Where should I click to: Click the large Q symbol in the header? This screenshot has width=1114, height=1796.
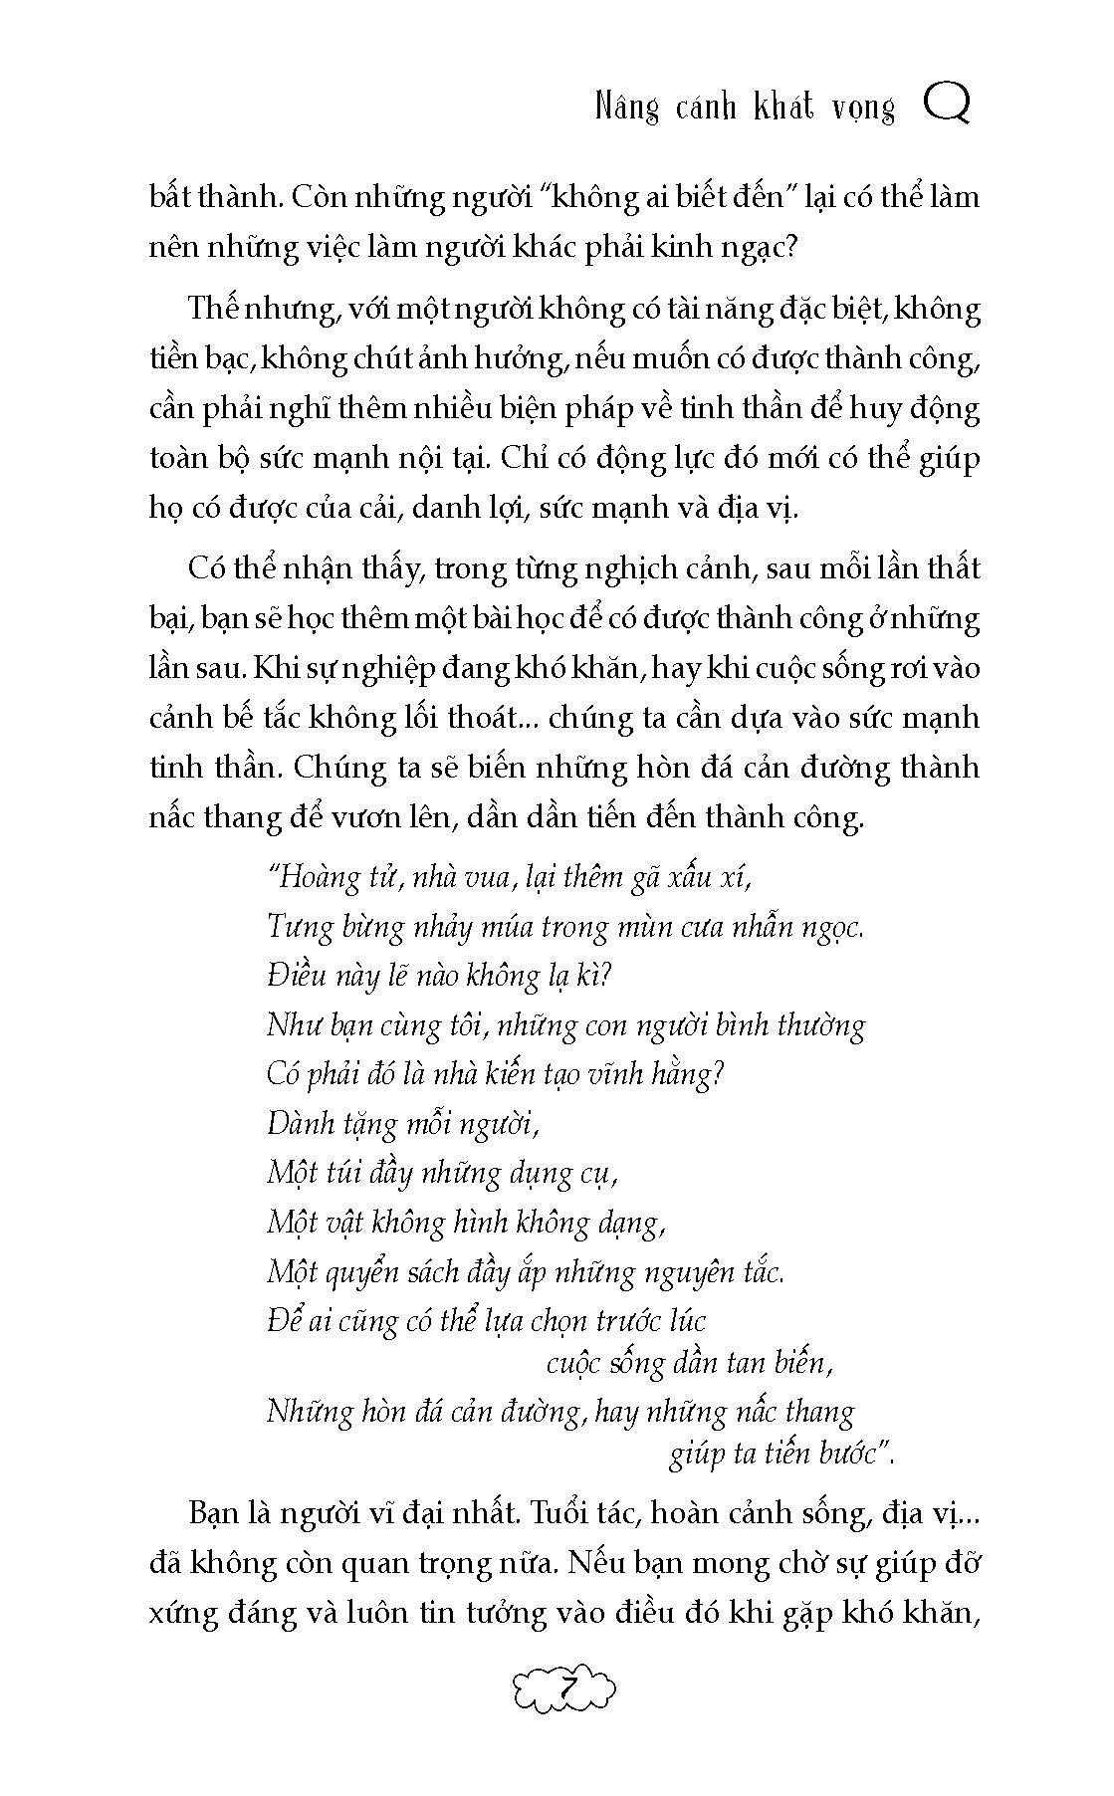(x=947, y=104)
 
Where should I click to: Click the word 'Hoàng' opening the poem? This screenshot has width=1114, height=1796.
(x=317, y=878)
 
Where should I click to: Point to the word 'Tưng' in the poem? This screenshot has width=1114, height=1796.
(x=298, y=928)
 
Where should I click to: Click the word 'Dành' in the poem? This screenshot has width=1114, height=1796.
(x=300, y=1125)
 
